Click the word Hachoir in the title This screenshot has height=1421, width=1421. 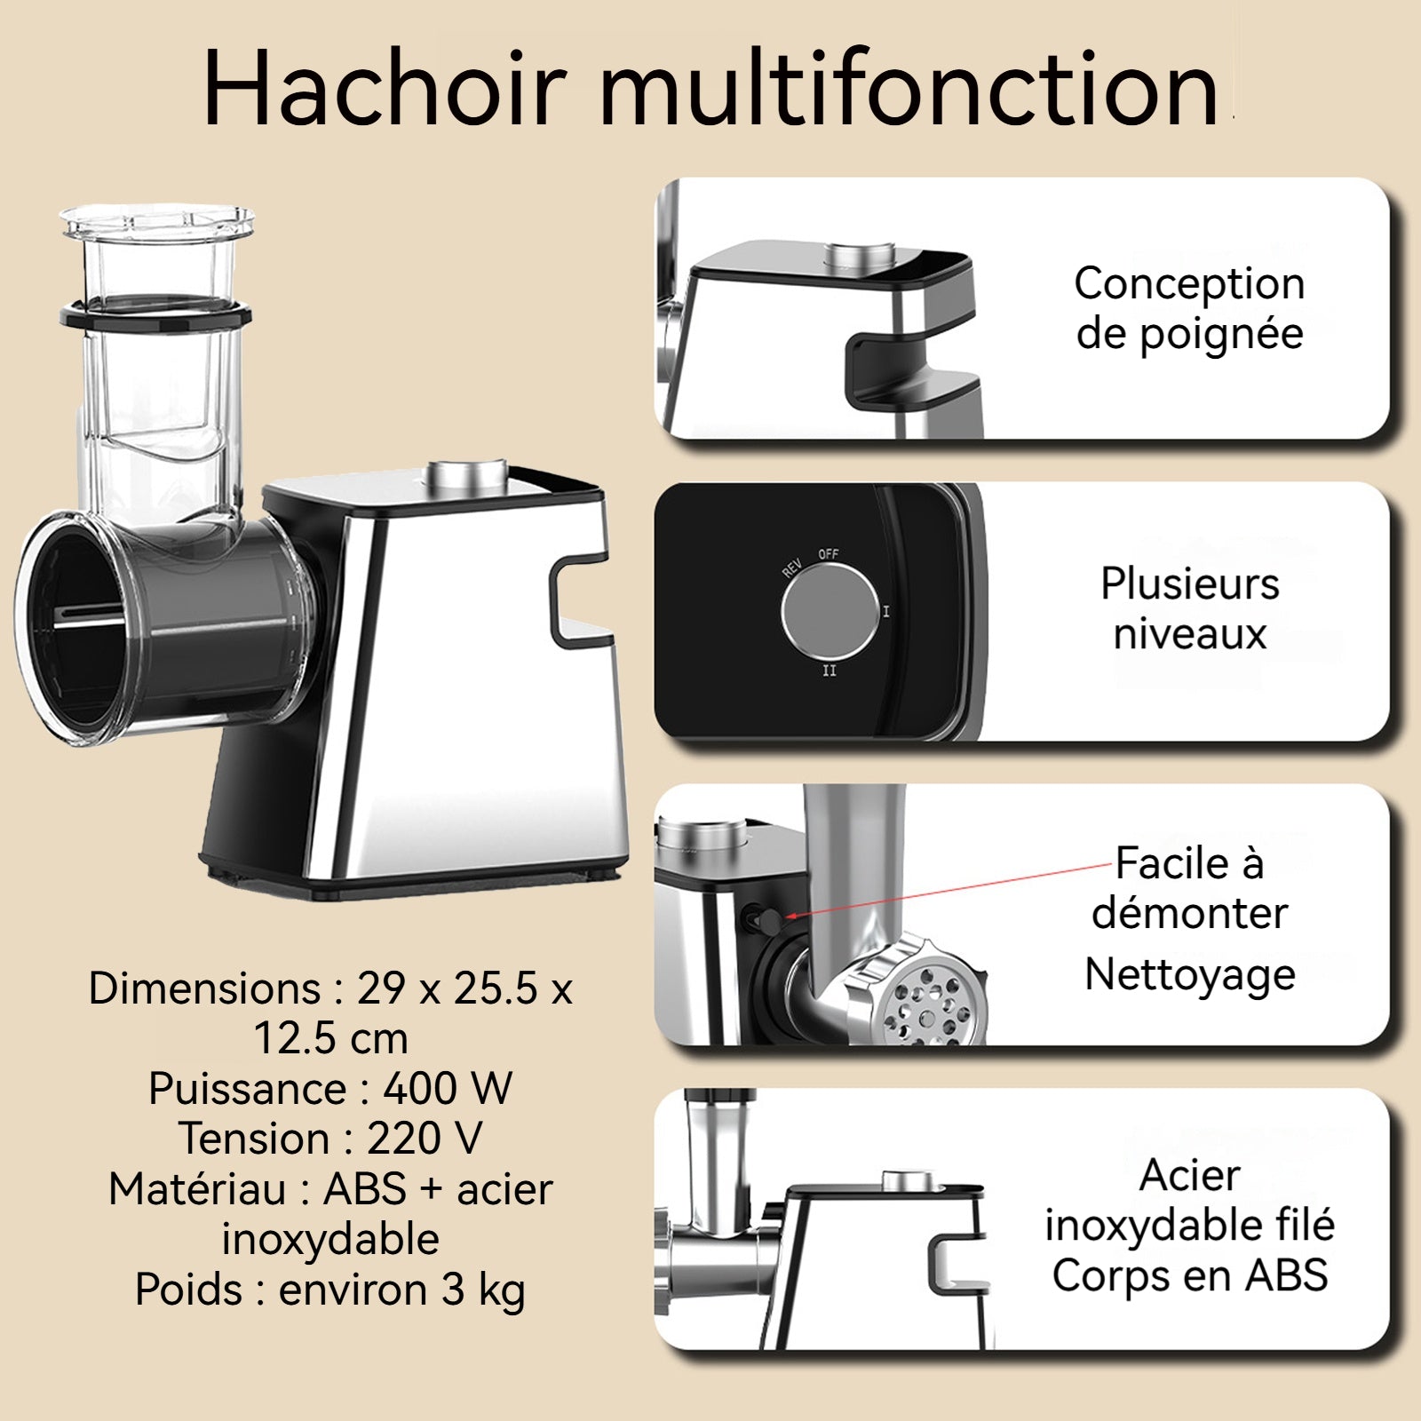(385, 89)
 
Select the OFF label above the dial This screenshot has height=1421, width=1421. (829, 553)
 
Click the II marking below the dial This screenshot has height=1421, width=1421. (829, 671)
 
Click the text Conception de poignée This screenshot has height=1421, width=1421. (1189, 308)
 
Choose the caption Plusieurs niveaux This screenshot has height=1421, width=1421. (1190, 608)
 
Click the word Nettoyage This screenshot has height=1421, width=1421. (1190, 974)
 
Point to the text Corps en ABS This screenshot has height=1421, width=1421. (1190, 1275)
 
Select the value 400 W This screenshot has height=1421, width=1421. (448, 1088)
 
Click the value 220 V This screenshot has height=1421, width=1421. (425, 1138)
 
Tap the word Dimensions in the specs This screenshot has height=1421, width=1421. (204, 988)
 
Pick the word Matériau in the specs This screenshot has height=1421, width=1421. (196, 1188)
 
